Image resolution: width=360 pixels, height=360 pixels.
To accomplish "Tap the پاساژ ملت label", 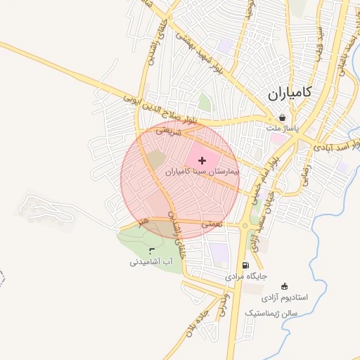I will [x=283, y=129].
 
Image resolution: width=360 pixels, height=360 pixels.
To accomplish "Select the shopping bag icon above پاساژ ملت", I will [x=283, y=118].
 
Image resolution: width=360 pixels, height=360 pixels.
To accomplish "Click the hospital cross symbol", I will [x=203, y=161].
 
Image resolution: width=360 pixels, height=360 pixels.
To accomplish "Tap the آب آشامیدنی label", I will [x=146, y=262].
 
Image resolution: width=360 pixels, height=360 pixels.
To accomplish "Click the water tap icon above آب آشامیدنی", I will [x=152, y=250].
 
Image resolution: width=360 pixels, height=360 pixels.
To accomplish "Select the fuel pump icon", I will [x=245, y=266].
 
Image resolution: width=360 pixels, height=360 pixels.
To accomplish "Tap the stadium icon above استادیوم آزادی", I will [x=284, y=286].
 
